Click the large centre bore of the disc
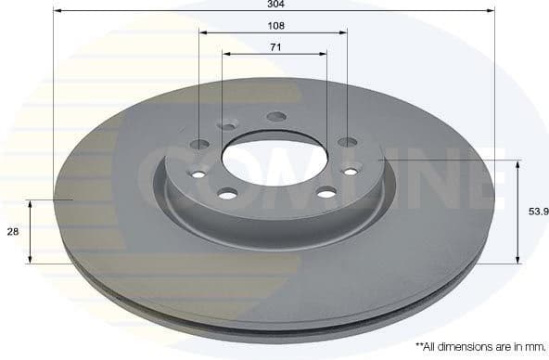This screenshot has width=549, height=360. point(274,156)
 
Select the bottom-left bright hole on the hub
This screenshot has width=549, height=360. point(227,193)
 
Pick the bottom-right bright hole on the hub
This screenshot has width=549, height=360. point(326,192)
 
